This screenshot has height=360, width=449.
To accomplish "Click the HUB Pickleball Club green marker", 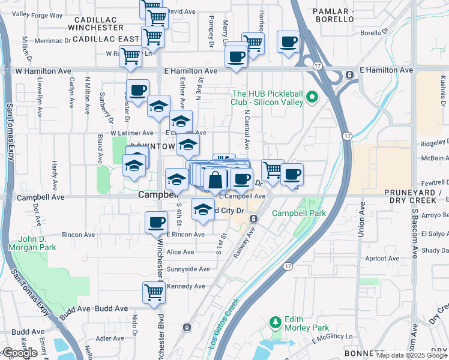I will (312, 97).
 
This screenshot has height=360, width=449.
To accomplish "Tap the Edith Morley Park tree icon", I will (276, 322).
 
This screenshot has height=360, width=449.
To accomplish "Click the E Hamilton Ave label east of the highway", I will (387, 70).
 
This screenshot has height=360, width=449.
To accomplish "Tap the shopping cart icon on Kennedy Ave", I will (154, 292).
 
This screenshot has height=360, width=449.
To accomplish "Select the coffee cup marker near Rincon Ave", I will (156, 222).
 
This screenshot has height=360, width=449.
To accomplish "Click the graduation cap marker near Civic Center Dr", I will (203, 209).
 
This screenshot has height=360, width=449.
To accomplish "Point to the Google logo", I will (20, 353).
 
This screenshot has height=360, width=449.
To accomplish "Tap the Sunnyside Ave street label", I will (188, 269).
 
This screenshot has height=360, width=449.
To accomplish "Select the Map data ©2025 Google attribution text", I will (412, 355).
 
